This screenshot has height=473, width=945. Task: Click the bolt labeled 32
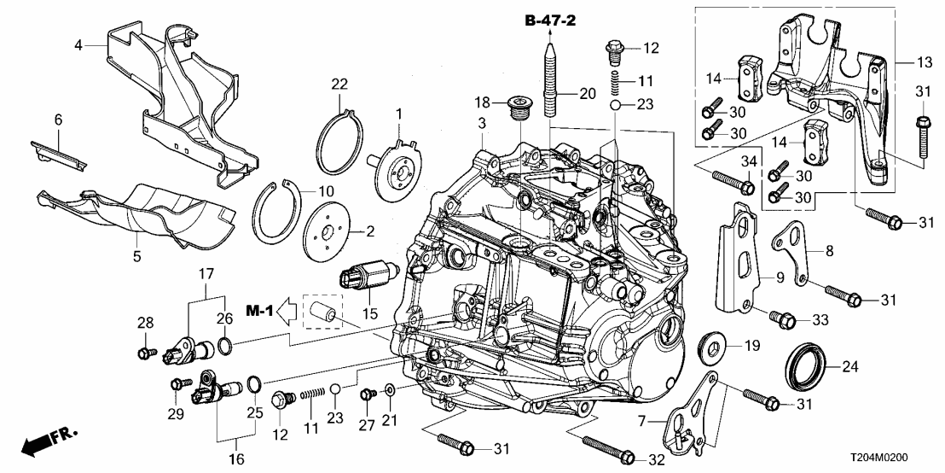tap(605, 448)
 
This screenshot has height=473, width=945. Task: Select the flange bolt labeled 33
tap(782, 318)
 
